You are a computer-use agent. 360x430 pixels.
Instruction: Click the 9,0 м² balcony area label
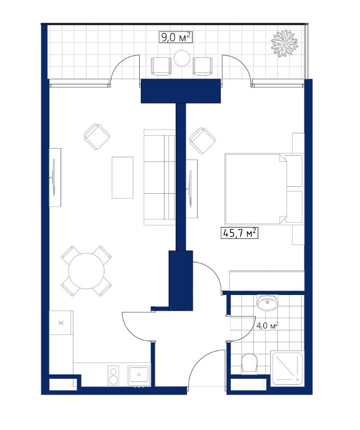pos(175,38)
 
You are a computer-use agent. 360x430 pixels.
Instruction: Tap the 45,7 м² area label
pos(240,233)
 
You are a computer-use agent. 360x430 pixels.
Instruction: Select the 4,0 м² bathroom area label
pos(268,325)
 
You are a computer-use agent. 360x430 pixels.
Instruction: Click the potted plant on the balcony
pos(284,44)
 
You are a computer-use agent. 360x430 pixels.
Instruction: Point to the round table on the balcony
pos(182,58)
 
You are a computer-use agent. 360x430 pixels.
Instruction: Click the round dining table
pos(86,271)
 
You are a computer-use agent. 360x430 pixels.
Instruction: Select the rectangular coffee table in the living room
pos(122,177)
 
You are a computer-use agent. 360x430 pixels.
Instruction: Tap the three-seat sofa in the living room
pos(159,177)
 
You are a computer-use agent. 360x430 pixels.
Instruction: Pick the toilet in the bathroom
pos(249,364)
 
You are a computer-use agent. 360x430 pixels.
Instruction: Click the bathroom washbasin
pos(268,303)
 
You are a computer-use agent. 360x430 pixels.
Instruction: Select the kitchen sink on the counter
pos(139,375)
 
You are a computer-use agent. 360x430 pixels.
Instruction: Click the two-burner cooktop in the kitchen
pos(114,375)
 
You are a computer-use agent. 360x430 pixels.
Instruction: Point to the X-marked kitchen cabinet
pos(61,322)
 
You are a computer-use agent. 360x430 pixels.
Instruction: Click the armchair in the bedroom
pos(202,140)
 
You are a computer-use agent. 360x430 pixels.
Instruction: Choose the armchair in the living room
pos(97,137)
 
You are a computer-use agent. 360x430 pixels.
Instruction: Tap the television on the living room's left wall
pos(54,177)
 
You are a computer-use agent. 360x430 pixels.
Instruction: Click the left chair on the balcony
pos(161,66)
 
